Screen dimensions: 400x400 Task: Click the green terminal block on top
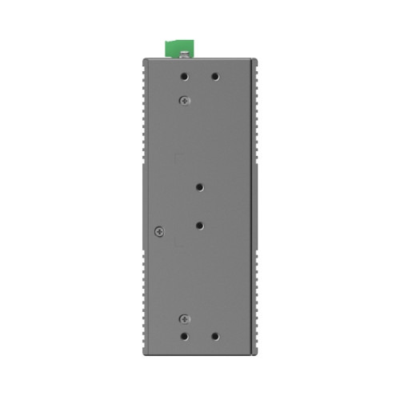176,48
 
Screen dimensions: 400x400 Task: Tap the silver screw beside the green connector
184,54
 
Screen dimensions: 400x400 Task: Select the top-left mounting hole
185,78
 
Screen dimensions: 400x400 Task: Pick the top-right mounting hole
214,78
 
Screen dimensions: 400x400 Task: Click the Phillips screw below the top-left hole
185,99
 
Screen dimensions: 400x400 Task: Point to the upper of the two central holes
199,186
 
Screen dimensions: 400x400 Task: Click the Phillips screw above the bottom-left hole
185,318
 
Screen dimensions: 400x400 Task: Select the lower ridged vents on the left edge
142,304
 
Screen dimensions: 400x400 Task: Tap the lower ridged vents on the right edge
258,304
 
